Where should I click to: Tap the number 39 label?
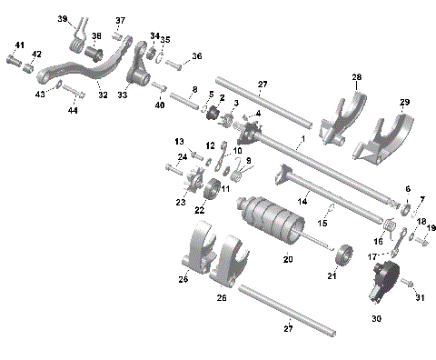click(x=63, y=19)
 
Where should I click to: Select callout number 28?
click(x=357, y=77)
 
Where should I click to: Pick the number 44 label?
click(x=72, y=111)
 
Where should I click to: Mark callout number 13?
click(x=180, y=141)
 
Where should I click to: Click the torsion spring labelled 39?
click(x=78, y=38)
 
